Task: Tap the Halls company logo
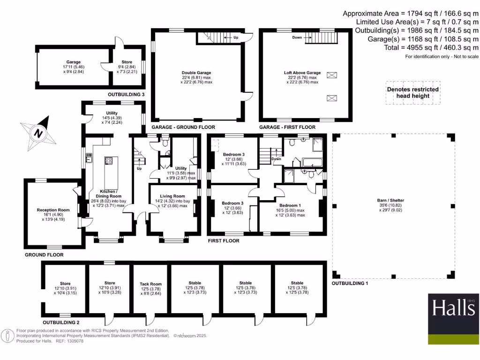453,319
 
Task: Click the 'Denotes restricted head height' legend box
412,93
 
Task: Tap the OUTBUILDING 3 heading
126,94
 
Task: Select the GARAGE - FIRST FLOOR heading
287,127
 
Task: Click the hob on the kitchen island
109,161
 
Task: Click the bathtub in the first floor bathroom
313,163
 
